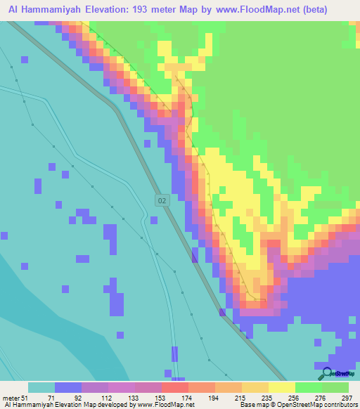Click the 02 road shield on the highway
(162, 201)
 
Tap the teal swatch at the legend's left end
(41, 387)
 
